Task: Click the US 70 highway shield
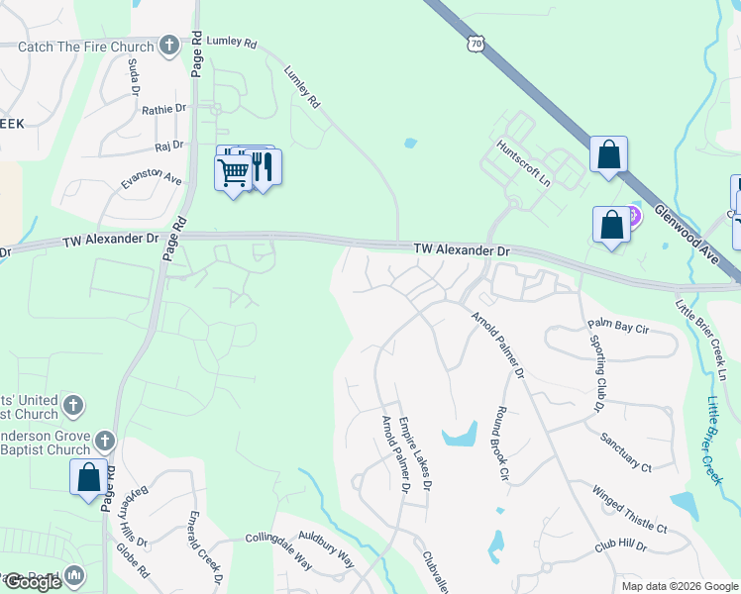[477, 42]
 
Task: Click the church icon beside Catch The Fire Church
[169, 45]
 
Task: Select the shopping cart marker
[233, 172]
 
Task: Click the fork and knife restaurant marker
[264, 166]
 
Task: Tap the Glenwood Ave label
[687, 228]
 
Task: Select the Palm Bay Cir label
[617, 324]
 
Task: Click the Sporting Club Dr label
[597, 378]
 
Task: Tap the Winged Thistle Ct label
[630, 508]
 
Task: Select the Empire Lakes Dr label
[415, 453]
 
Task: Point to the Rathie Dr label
[164, 110]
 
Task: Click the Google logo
[32, 582]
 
